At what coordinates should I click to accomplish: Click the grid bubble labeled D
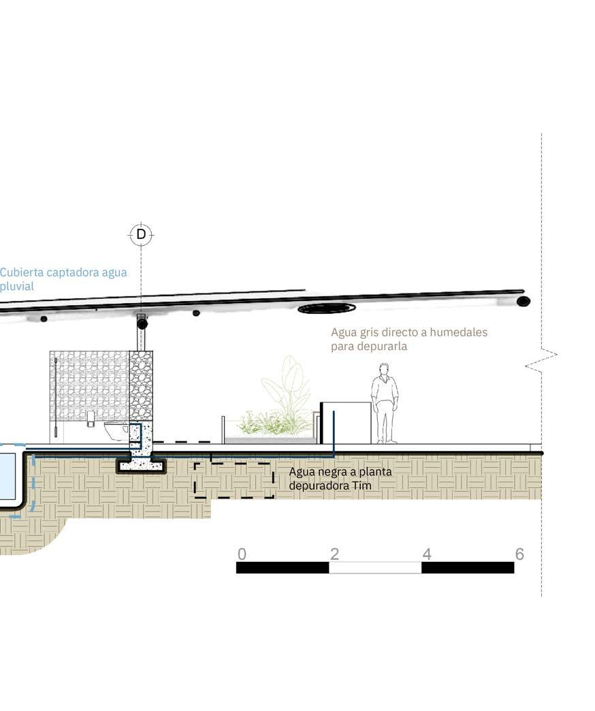point(141,234)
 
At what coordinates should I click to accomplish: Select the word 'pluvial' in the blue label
point(17,286)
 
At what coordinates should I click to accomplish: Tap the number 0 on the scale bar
point(242,554)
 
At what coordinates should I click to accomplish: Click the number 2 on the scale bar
point(334,554)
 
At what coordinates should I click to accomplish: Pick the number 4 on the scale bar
point(427,554)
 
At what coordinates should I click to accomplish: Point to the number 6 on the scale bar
point(519,554)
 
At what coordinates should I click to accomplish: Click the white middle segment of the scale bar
point(375,567)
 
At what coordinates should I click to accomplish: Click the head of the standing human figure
point(385,369)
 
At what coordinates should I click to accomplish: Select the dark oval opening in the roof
point(327,309)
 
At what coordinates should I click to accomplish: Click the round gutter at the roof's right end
point(523,301)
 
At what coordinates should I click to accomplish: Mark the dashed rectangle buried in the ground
point(234,480)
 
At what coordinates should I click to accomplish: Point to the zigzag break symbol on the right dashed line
point(541,360)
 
